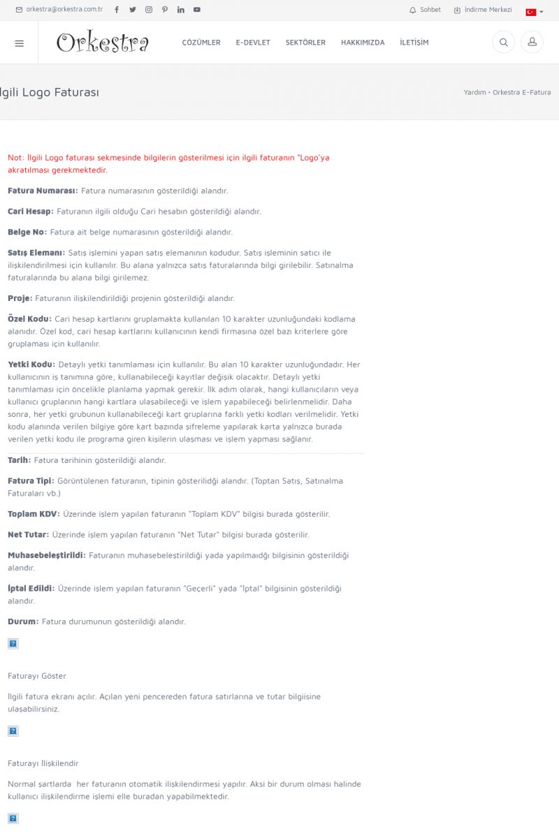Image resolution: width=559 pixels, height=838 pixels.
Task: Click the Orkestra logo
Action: pyautogui.click(x=102, y=43)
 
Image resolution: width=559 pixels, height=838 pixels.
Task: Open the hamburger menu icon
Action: pyautogui.click(x=19, y=43)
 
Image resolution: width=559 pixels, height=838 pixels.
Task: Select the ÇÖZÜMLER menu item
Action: pyautogui.click(x=201, y=43)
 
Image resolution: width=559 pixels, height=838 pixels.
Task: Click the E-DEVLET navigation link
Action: pyautogui.click(x=253, y=43)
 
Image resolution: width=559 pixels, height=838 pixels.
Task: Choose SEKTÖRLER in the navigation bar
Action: pyautogui.click(x=305, y=43)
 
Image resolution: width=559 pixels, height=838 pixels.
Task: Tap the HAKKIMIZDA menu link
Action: pyautogui.click(x=363, y=43)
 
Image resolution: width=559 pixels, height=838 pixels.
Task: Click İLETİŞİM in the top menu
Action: pyautogui.click(x=414, y=43)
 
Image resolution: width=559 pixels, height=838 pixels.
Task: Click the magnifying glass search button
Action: pyautogui.click(x=503, y=43)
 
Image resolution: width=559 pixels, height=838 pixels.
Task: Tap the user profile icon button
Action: pyautogui.click(x=532, y=43)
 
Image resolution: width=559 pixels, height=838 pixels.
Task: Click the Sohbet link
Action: pyautogui.click(x=426, y=10)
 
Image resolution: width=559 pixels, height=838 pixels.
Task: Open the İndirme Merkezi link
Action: pyautogui.click(x=484, y=10)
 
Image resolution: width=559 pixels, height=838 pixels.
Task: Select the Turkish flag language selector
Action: pyautogui.click(x=534, y=12)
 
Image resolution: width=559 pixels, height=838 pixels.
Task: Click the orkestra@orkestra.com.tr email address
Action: pyautogui.click(x=59, y=10)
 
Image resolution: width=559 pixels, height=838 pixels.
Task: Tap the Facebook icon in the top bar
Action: pyautogui.click(x=117, y=10)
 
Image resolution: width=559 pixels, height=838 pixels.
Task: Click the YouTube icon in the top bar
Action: pyautogui.click(x=197, y=10)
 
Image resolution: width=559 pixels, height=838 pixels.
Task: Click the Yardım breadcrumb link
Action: pyautogui.click(x=474, y=92)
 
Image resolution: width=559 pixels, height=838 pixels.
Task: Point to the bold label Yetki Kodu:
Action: pyautogui.click(x=31, y=365)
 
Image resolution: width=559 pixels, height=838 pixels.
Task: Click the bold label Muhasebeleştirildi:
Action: pyautogui.click(x=46, y=555)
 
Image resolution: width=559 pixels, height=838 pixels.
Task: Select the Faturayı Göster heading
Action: pyautogui.click(x=37, y=676)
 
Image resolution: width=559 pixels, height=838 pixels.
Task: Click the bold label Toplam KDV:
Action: pyautogui.click(x=34, y=514)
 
